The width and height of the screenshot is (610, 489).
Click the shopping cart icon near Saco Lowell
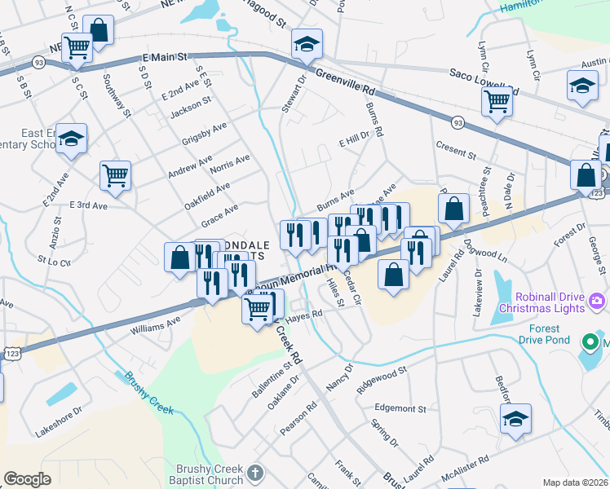[497, 101]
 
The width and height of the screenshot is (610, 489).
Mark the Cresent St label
[456, 153]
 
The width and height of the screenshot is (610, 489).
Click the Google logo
[27, 479]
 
